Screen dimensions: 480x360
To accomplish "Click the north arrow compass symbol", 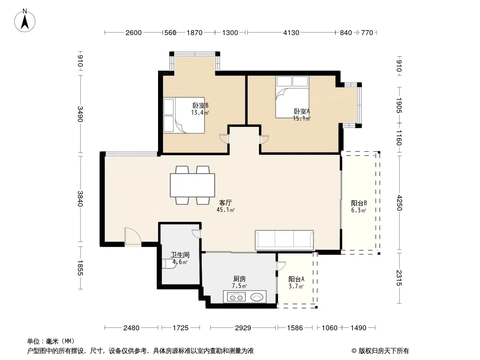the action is click(25, 21).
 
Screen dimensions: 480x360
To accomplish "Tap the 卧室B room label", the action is click(200, 105).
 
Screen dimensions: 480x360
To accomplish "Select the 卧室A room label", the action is click(302, 111).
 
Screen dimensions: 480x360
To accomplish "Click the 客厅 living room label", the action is click(226, 202).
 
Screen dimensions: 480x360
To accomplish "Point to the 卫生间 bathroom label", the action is click(180, 255).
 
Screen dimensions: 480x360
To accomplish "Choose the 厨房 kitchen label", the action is click(240, 279).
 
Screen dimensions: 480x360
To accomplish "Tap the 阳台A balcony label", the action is click(296, 279).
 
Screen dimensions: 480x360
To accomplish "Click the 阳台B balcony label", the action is click(359, 203).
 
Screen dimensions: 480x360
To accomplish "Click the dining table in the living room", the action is click(193, 185).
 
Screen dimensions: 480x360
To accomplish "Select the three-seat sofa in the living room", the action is click(285, 240).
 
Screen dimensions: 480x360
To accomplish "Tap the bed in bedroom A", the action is click(292, 97).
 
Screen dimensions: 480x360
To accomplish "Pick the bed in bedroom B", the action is click(184, 115).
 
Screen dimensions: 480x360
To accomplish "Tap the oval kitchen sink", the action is click(257, 297).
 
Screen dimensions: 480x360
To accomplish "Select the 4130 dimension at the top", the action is click(291, 32).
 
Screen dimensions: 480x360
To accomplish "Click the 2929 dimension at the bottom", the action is click(243, 328).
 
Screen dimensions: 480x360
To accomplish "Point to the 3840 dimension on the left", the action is click(80, 199).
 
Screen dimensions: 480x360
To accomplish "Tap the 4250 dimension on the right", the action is click(399, 203).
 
